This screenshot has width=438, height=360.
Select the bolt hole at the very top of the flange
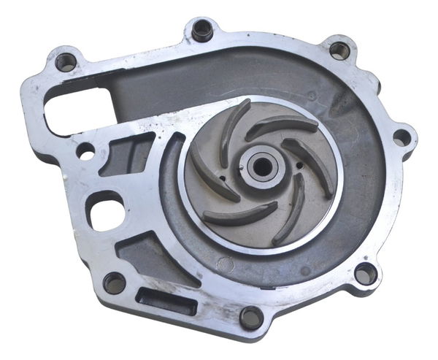[x=201, y=30]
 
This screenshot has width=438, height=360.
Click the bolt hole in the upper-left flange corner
[x=66, y=61]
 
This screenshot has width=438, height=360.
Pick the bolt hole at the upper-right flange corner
[x=339, y=50]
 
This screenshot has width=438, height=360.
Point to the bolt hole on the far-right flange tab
[x=401, y=137]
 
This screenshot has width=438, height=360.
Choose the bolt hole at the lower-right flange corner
[x=364, y=274]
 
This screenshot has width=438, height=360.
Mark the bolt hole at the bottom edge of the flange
[x=250, y=317]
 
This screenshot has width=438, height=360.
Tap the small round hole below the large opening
[x=85, y=153]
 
